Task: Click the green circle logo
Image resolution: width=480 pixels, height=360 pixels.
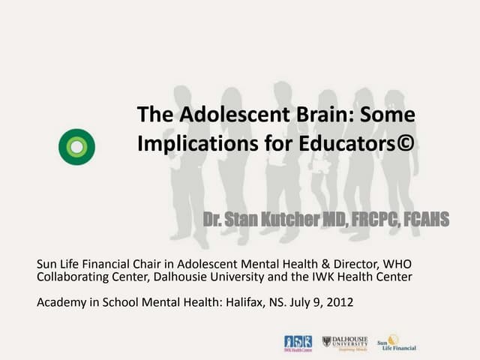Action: (x=76, y=146)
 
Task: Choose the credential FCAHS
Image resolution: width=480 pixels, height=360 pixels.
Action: (x=422, y=220)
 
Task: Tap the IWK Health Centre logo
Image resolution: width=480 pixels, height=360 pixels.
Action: (x=298, y=343)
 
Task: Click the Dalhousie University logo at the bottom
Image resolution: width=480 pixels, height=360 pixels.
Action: (x=344, y=343)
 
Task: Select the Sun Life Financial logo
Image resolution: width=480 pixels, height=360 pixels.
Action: (x=396, y=343)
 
